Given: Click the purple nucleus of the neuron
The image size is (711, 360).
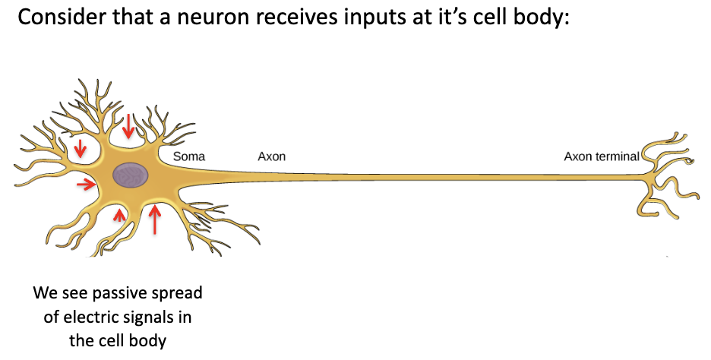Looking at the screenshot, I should pyautogui.click(x=131, y=175).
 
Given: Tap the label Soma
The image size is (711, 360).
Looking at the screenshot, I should pyautogui.click(x=189, y=157).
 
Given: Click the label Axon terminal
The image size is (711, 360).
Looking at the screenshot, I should pyautogui.click(x=601, y=157).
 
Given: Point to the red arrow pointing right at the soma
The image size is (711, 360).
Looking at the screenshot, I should pyautogui.click(x=86, y=183).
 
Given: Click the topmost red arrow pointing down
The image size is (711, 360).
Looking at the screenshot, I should pyautogui.click(x=129, y=126).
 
